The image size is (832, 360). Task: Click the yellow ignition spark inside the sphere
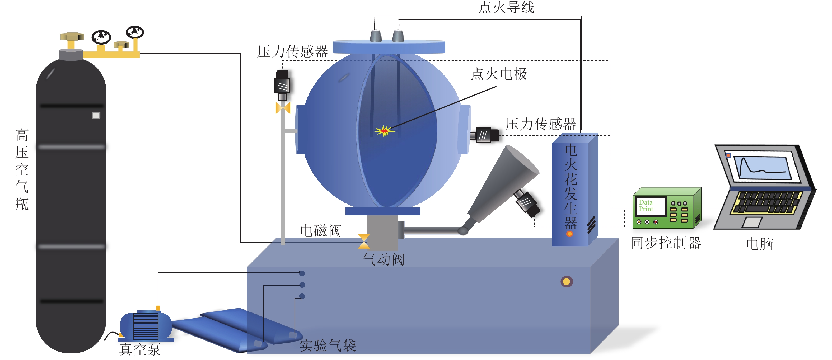click(x=384, y=131)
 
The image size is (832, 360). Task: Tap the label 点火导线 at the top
click(x=506, y=7)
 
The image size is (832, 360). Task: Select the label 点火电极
click(x=499, y=74)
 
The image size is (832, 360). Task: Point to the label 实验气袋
click(x=328, y=345)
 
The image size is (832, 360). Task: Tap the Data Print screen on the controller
click(x=650, y=206)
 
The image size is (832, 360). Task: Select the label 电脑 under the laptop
click(x=760, y=244)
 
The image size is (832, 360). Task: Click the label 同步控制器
click(x=666, y=243)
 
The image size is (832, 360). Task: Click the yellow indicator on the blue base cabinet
click(x=567, y=282)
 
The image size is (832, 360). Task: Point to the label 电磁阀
click(x=320, y=230)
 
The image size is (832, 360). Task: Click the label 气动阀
click(x=383, y=259)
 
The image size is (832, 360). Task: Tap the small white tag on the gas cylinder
click(x=96, y=116)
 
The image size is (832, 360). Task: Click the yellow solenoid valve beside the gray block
click(x=364, y=241)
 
